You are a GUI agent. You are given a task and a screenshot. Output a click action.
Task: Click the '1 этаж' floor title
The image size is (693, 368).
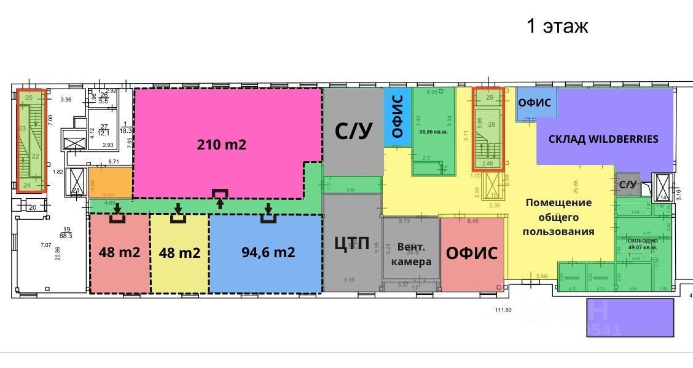557,26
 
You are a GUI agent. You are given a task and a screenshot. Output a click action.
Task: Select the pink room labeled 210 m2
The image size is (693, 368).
221,145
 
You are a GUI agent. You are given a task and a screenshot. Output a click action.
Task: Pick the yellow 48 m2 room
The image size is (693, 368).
179,253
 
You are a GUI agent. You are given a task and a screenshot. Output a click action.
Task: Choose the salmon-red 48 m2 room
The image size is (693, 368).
120,253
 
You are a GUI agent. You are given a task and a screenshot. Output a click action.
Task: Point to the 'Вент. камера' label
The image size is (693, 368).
411,254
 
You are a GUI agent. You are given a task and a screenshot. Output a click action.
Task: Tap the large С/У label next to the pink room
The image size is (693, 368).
353,131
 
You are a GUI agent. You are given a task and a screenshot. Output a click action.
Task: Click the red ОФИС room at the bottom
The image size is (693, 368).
472,253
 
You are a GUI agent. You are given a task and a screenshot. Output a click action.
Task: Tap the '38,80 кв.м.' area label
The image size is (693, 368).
434,131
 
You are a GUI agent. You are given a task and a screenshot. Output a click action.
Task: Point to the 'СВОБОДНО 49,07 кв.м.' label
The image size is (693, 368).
643,244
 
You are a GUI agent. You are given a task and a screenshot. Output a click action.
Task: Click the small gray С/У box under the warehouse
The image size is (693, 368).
627,184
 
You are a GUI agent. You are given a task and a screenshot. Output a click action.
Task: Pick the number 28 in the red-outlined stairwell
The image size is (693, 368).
491,124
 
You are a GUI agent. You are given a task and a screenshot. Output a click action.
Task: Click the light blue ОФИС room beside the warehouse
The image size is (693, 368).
535,103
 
